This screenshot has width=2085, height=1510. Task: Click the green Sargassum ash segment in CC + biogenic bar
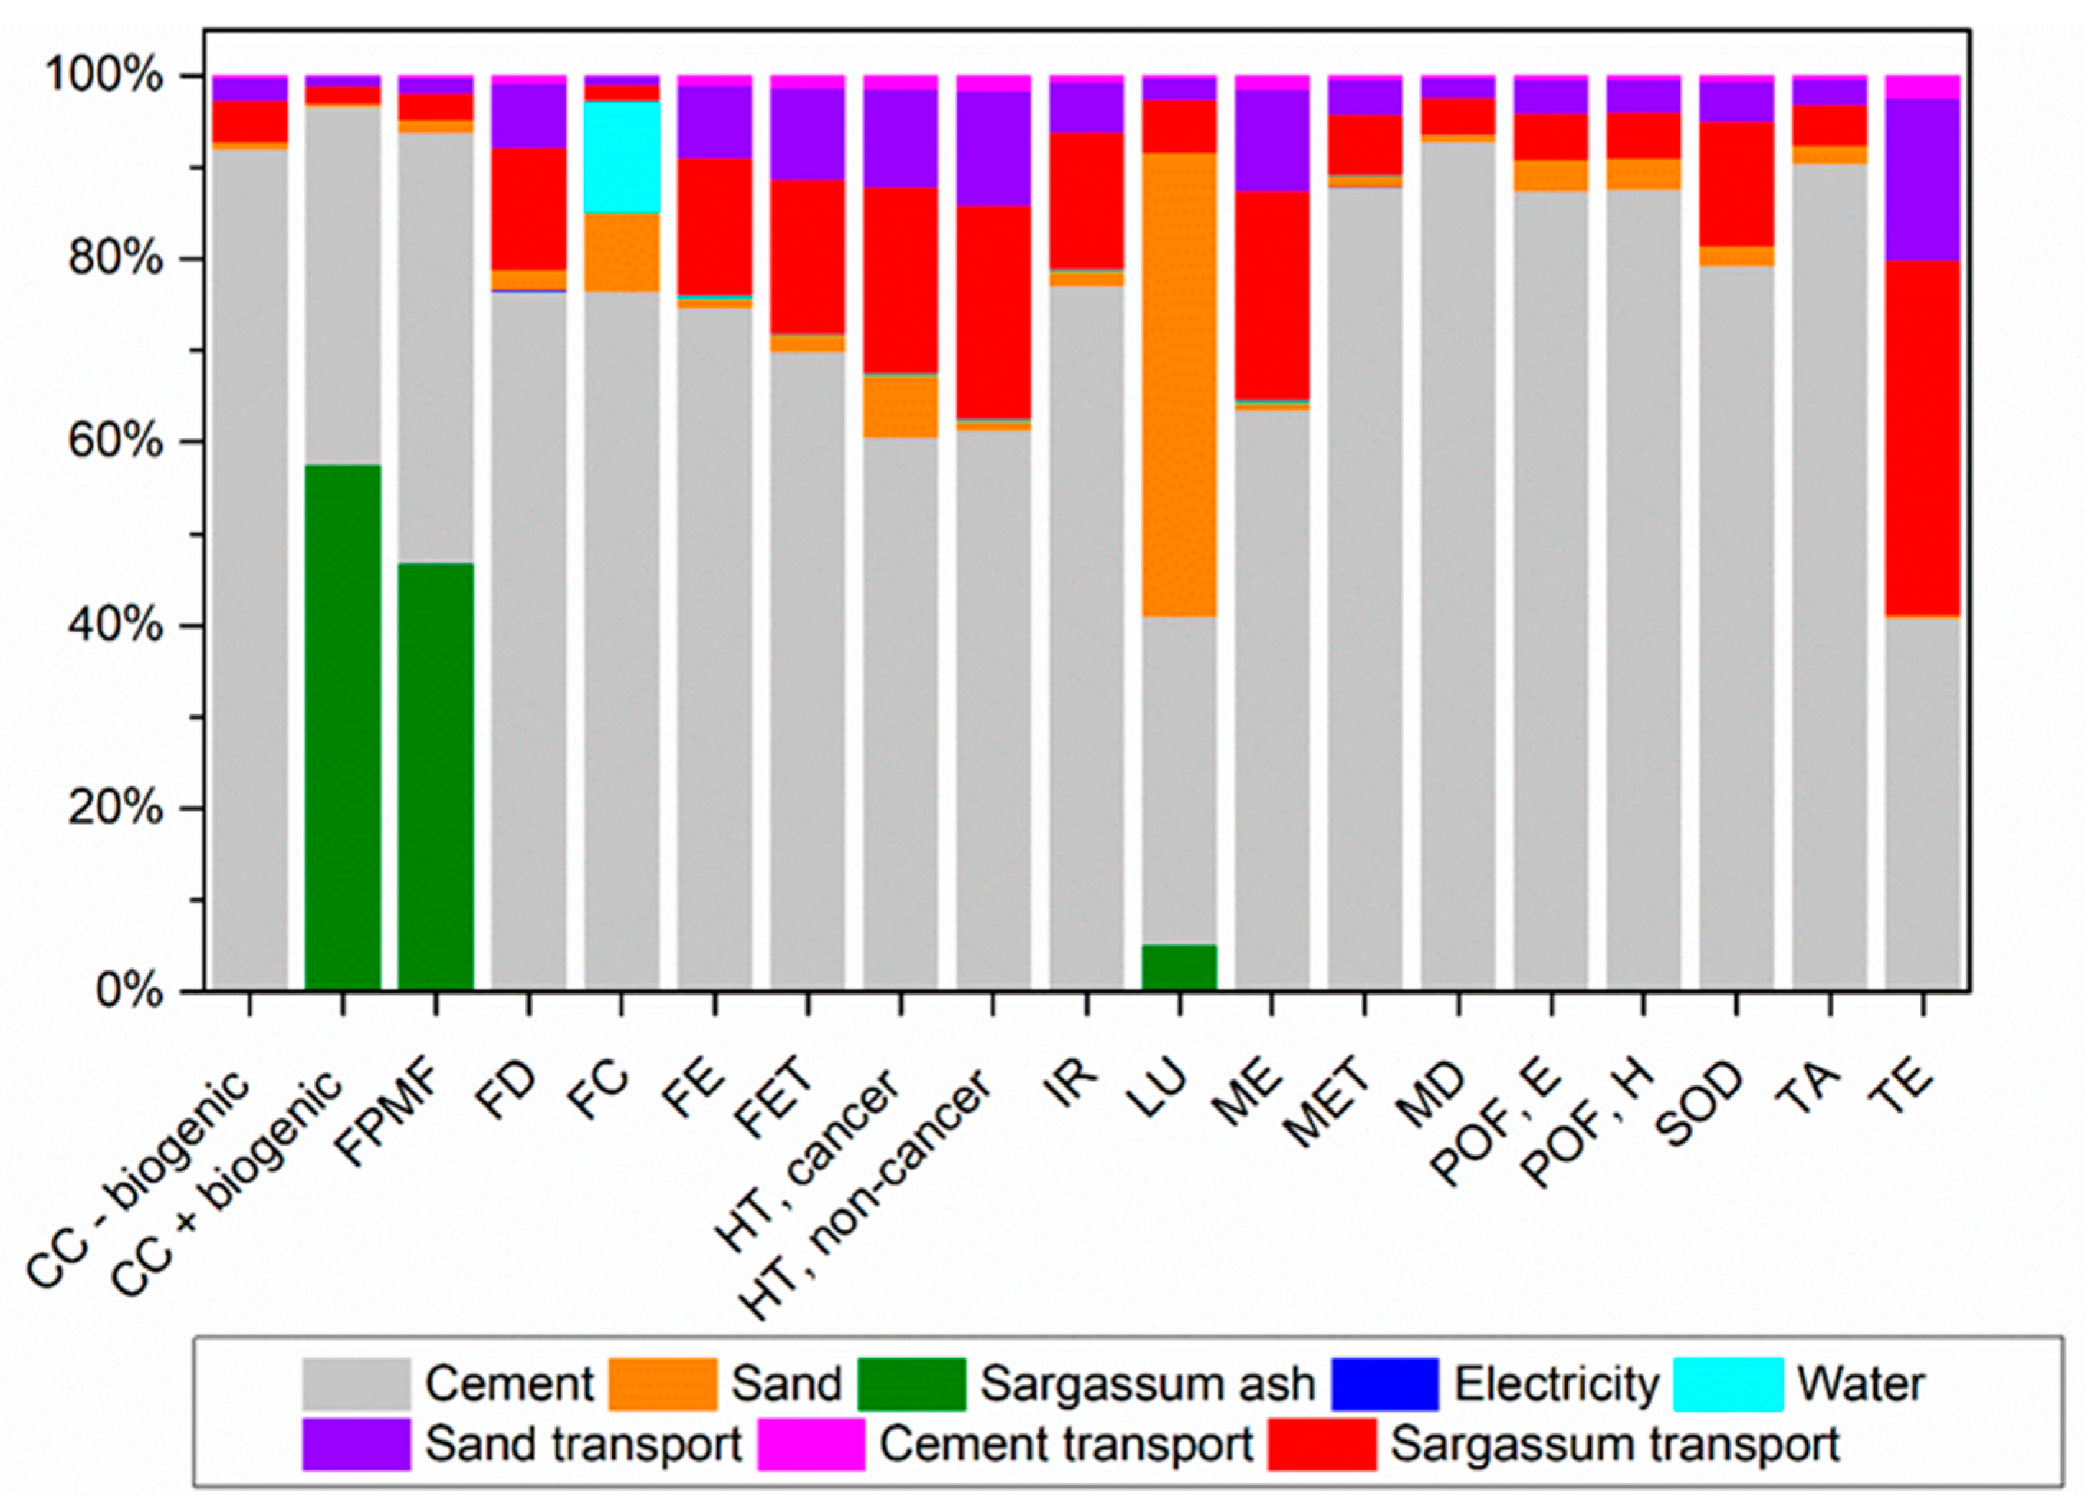tap(343, 727)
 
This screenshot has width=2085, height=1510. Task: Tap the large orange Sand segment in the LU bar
tap(1179, 385)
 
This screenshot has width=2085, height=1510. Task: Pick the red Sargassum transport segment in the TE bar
tap(1923, 438)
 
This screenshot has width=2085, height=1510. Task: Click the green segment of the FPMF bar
tap(436, 777)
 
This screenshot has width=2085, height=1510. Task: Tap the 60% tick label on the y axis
tap(116, 442)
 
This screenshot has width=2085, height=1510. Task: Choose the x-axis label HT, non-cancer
tap(867, 1194)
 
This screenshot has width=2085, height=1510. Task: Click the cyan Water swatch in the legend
tap(1727, 1384)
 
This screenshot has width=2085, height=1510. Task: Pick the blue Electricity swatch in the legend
tap(1384, 1384)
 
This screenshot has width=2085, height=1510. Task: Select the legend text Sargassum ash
tap(1147, 1384)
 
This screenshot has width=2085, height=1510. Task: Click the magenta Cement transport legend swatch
tap(811, 1444)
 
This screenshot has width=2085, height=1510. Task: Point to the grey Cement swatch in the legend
tap(356, 1384)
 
